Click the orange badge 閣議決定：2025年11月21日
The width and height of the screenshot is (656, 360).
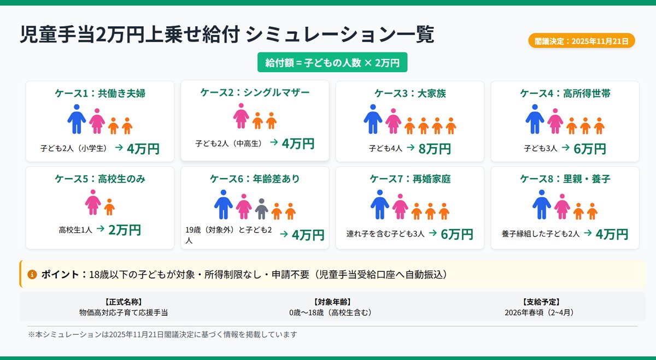click(x=581, y=41)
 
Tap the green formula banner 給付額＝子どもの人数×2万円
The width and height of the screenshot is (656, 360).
click(x=332, y=62)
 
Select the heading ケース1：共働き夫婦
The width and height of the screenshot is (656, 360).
click(x=100, y=93)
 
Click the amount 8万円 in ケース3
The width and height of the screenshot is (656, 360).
click(x=435, y=148)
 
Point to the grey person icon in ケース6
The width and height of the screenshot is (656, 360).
click(x=261, y=208)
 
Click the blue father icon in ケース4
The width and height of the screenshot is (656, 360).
click(x=534, y=119)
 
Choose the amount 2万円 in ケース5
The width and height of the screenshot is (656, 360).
click(x=125, y=230)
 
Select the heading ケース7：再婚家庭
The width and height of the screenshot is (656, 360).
click(x=410, y=179)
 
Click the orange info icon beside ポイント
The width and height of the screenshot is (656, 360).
click(x=32, y=274)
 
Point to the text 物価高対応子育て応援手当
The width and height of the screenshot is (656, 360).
click(x=124, y=312)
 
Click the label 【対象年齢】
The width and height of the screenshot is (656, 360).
click(x=332, y=302)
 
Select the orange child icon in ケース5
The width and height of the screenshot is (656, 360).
click(x=109, y=207)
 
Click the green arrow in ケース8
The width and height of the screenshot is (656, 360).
click(x=588, y=233)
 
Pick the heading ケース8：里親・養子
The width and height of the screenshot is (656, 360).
click(x=565, y=179)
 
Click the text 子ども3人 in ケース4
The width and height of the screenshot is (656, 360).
click(x=540, y=148)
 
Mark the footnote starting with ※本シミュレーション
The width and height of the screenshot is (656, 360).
click(x=162, y=334)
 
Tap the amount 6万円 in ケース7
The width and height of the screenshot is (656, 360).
click(x=457, y=234)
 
